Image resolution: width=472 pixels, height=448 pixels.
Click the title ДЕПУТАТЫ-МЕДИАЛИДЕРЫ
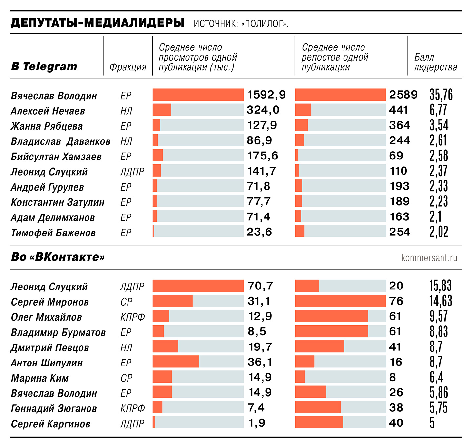pos(97,23)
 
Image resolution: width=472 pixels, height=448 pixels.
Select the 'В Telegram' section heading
pos(44,66)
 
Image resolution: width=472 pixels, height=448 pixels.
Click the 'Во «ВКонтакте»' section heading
pos(58,257)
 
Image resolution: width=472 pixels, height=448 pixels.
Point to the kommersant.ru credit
pos(429,258)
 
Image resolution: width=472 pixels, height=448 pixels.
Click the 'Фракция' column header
pos(128,67)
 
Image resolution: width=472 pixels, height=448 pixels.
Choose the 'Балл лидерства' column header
pos(435,62)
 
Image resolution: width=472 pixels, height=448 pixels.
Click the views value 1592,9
pos(266,95)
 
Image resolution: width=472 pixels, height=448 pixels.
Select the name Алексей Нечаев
pos(48,111)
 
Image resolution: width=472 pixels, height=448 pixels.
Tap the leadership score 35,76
pos(441,95)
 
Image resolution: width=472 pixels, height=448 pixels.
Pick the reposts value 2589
pos(403,95)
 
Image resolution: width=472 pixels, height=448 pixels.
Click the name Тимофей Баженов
pos(53,233)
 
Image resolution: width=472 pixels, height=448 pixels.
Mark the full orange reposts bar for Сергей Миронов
pos(341,301)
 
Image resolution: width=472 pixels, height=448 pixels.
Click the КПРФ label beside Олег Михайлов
pos(132,317)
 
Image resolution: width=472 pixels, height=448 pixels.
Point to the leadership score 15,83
pos(441,286)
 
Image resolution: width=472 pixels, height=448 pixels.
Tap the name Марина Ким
pos(40,378)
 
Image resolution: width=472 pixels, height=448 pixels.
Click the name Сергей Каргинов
pos(50,424)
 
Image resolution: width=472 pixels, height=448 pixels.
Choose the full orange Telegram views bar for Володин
pos(198,95)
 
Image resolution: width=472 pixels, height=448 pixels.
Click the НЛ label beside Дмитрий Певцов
pos(126,347)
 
